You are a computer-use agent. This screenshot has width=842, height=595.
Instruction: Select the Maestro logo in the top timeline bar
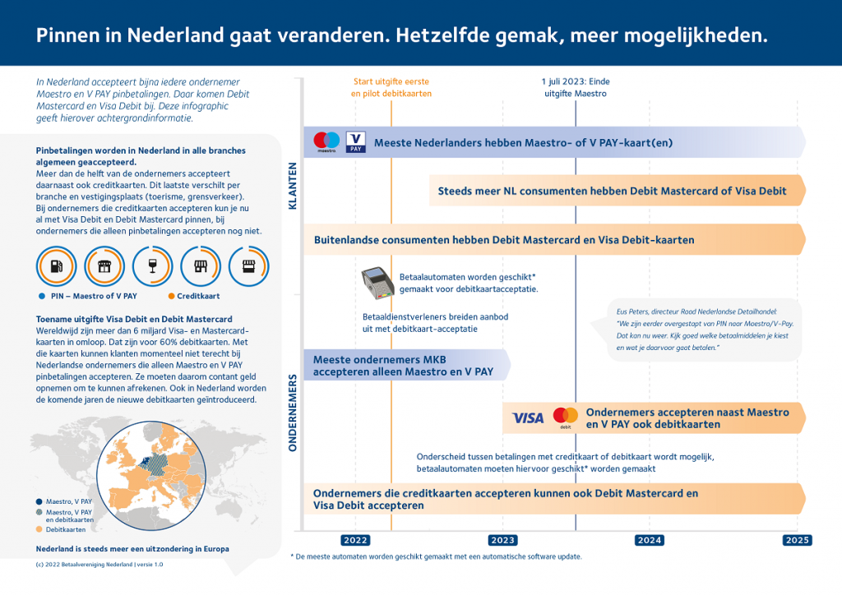coord(327,142)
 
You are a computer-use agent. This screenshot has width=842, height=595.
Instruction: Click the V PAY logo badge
coord(356,142)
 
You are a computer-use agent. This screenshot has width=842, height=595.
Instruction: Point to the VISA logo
coord(528,417)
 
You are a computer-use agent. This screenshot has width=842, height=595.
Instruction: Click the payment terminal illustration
coord(377,283)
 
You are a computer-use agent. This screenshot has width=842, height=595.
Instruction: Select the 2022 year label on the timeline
coord(355,540)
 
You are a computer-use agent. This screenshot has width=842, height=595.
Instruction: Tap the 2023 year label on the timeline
coord(502,540)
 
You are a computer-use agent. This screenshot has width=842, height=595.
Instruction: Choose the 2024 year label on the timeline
coord(650,540)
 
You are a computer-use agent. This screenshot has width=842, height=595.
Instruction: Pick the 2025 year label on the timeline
coord(797,540)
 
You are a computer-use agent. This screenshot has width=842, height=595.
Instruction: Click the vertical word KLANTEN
coord(293,187)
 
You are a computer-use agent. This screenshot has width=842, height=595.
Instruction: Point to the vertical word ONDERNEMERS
coord(293,413)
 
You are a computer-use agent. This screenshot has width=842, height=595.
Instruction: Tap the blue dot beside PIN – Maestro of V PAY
coord(42,296)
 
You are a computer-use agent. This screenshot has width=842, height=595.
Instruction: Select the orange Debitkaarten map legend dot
coord(40,529)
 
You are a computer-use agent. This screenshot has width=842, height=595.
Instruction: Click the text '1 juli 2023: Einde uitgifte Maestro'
coord(576,88)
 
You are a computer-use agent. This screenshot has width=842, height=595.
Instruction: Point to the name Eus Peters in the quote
coord(635,311)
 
